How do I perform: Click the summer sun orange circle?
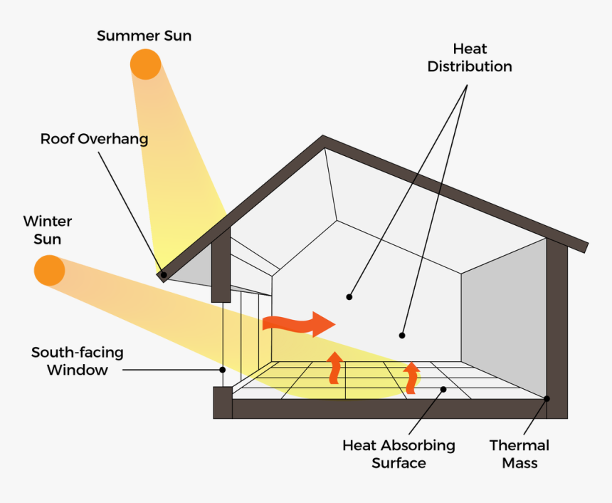[x=145, y=64]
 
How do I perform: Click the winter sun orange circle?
[x=50, y=271]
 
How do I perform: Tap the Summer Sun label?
[x=144, y=35]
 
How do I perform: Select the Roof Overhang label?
[x=94, y=139]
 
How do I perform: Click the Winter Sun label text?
[x=47, y=230]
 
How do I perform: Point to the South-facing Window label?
[x=77, y=361]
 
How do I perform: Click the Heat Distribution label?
[x=470, y=58]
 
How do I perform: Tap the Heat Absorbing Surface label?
[x=399, y=454]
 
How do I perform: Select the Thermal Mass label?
[x=519, y=454]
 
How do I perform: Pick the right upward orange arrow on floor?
[x=411, y=378]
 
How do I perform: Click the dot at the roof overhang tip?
[x=163, y=274]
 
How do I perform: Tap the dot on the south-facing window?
[x=223, y=370]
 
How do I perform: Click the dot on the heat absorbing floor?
[x=443, y=389]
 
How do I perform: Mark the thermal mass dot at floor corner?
[x=547, y=398]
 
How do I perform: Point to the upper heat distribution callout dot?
[x=349, y=296]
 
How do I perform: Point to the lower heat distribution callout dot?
[x=402, y=335]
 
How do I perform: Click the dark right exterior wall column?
[x=557, y=328]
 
